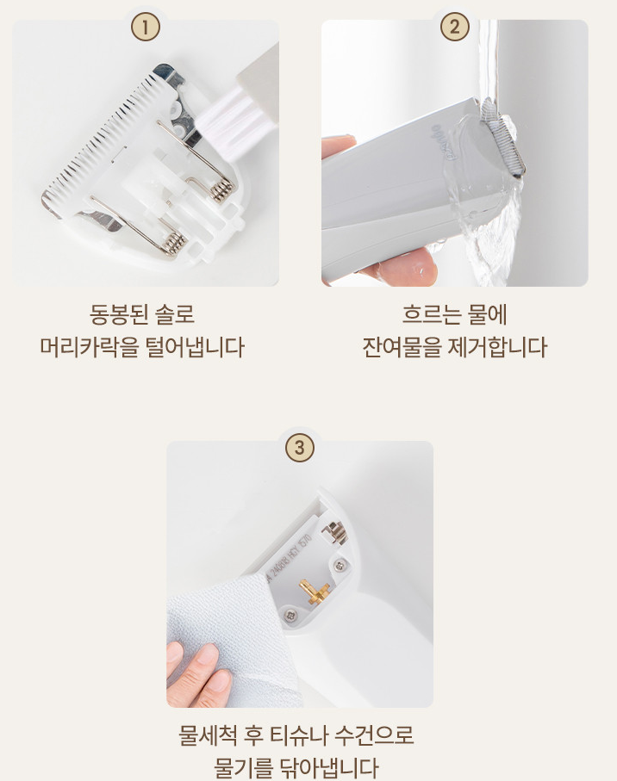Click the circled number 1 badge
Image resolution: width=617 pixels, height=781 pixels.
tap(146, 27)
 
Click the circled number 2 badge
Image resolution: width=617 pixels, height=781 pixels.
tap(454, 27)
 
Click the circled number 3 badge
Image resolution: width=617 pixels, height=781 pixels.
tap(300, 447)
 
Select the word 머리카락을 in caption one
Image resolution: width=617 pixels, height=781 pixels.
tap(90, 347)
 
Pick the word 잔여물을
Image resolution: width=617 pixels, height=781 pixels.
tap(402, 347)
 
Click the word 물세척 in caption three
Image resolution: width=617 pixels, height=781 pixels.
tap(209, 735)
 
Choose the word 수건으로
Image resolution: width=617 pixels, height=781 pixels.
tap(374, 735)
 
